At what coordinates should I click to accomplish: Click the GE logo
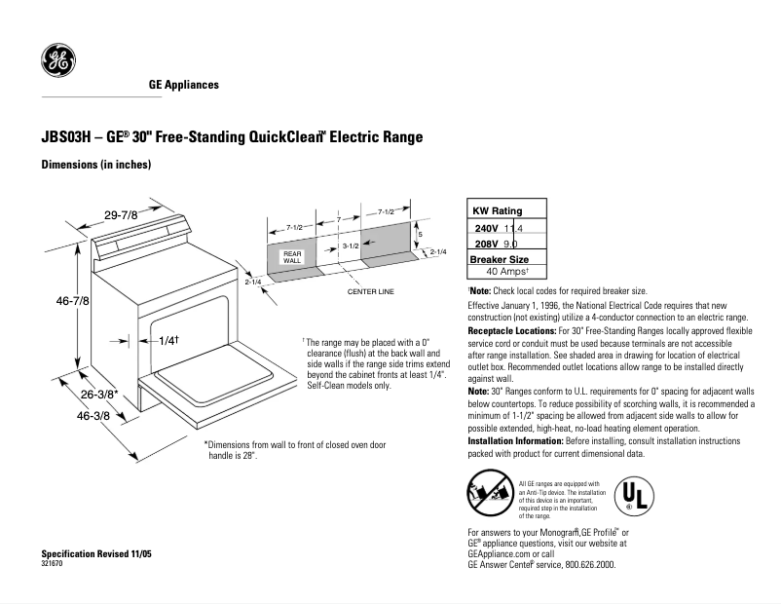click(x=57, y=61)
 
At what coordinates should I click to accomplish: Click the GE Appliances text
click(x=183, y=85)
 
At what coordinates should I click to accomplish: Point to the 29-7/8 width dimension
click(x=123, y=214)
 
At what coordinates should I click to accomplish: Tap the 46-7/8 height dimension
click(x=72, y=302)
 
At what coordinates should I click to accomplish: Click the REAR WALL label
click(x=292, y=257)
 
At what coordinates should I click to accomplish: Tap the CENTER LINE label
click(x=370, y=291)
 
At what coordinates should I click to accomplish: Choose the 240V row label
click(x=485, y=228)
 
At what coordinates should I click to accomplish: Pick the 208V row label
click(x=485, y=243)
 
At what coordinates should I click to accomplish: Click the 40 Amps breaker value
click(x=506, y=272)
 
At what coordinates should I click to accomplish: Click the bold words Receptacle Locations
click(x=513, y=331)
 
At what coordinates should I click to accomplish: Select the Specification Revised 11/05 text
click(x=96, y=553)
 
